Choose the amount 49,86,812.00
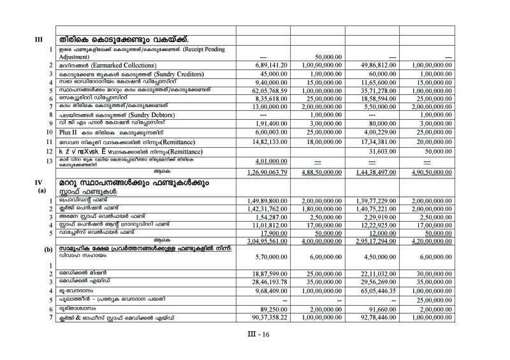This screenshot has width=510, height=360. (x=372, y=66)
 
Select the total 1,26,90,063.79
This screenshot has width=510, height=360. (x=263, y=173)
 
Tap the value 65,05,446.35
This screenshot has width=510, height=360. (x=372, y=290)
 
